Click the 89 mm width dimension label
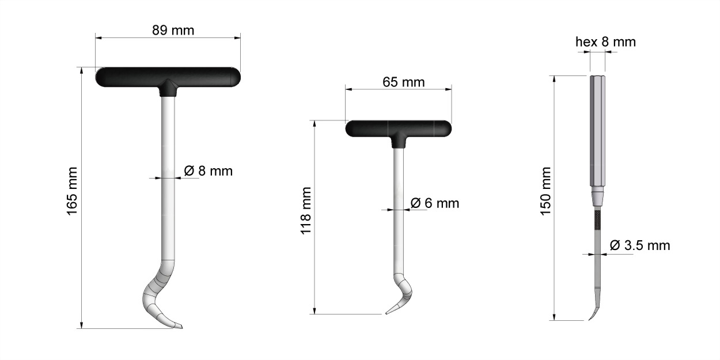[x=173, y=30]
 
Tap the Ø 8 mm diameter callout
[x=208, y=171]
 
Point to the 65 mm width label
[x=403, y=82]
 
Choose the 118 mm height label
[x=306, y=210]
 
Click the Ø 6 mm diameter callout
[x=435, y=203]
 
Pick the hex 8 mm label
[x=605, y=41]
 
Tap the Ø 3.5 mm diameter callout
[x=639, y=245]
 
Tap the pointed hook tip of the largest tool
[x=179, y=327]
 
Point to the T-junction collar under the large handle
[x=168, y=88]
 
